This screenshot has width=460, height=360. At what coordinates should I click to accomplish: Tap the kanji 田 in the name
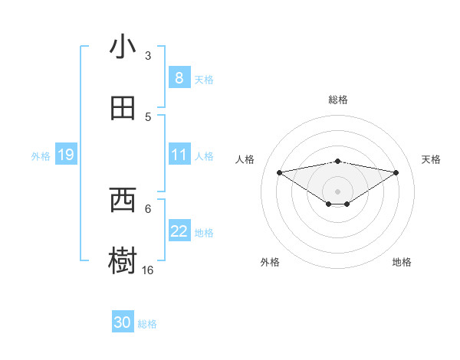point(123,109)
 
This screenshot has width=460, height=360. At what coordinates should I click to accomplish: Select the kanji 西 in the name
point(123,201)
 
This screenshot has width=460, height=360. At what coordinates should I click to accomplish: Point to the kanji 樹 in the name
point(123,262)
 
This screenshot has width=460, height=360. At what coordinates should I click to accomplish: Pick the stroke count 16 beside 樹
point(148,270)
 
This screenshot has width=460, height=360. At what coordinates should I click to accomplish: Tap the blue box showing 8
point(179,77)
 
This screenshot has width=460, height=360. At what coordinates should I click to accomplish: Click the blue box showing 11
point(179,155)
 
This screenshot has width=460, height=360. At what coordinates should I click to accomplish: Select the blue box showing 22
point(179,231)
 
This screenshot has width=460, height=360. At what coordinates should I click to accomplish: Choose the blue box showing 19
point(65,155)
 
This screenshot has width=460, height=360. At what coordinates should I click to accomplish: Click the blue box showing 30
point(123,322)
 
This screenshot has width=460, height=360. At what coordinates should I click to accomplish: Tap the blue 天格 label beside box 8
point(204,79)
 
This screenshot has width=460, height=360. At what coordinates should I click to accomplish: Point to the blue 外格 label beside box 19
point(41,156)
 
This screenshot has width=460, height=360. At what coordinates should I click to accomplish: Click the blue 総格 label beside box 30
point(147,324)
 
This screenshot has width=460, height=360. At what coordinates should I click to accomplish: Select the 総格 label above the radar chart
point(338,100)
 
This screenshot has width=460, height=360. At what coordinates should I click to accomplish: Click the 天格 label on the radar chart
point(431,159)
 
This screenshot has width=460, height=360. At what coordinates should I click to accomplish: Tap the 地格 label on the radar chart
point(402,262)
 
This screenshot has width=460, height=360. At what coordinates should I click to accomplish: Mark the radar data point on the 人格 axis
point(279,172)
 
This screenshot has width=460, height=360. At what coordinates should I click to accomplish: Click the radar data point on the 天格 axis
point(396,172)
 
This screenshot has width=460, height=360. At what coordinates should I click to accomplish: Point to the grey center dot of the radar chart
point(338,191)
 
